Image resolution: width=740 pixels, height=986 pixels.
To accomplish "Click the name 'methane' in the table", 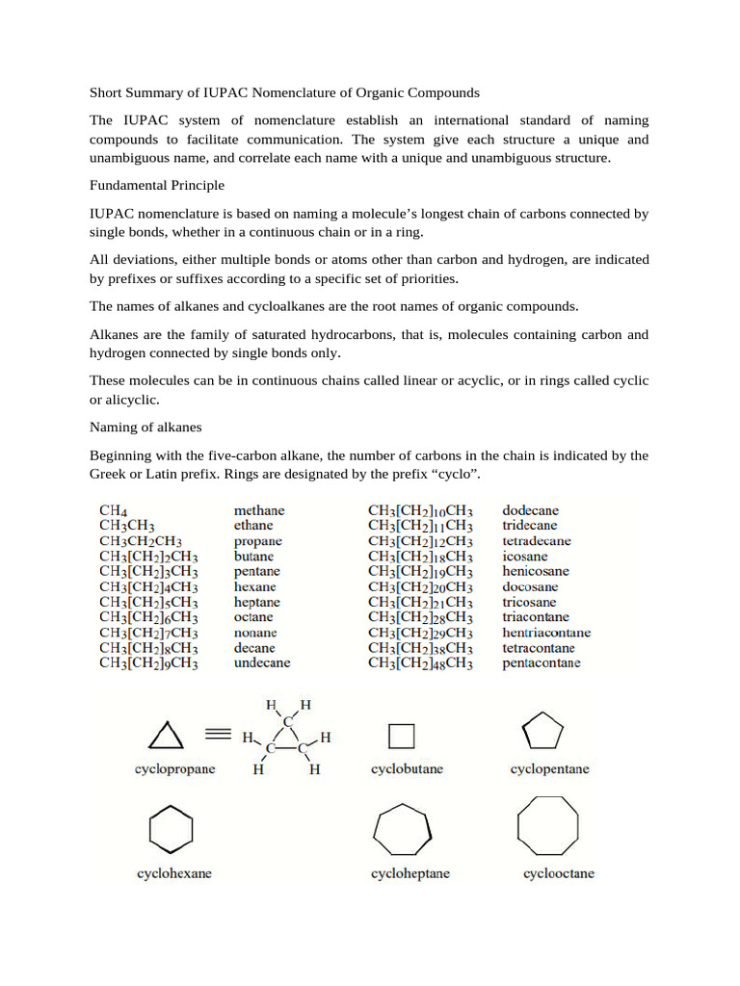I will click(259, 510).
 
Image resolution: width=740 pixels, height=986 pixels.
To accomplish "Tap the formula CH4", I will click(114, 510).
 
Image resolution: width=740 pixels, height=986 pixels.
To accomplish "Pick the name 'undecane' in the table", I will click(262, 662).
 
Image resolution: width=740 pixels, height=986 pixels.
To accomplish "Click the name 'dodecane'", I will click(530, 510).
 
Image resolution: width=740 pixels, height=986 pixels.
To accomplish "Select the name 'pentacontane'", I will click(542, 662).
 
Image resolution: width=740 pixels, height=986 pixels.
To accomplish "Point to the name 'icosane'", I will click(526, 556).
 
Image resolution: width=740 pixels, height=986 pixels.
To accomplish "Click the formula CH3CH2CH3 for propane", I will click(141, 541).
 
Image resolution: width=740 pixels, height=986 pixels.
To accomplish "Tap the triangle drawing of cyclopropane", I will click(165, 737).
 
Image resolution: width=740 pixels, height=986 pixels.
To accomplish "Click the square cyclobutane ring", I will click(402, 737).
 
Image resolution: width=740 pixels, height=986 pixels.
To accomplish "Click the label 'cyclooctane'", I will click(559, 873).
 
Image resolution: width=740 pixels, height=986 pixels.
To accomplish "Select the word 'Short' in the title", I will click(107, 93).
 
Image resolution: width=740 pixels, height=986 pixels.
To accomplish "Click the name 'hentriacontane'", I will click(546, 633).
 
